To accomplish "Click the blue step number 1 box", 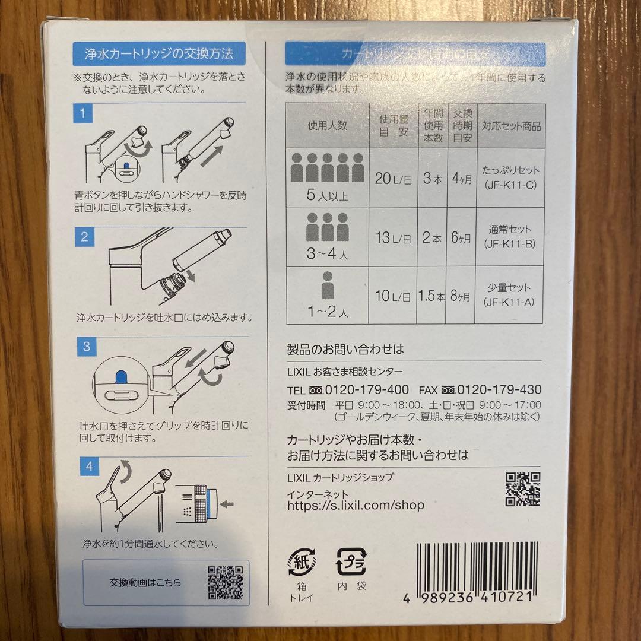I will (x=84, y=113).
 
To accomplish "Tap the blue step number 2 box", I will (x=84, y=238).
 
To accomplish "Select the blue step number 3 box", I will (x=86, y=347).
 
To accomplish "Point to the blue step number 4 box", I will (x=88, y=466).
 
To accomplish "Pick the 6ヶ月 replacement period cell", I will (x=462, y=237).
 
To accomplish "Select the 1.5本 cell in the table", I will (x=431, y=296).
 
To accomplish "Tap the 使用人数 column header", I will (x=327, y=126).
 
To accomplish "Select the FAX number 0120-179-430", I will (x=499, y=390).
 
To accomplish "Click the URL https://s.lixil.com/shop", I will (x=356, y=505).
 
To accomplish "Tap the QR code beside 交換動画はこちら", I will (x=226, y=582).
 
